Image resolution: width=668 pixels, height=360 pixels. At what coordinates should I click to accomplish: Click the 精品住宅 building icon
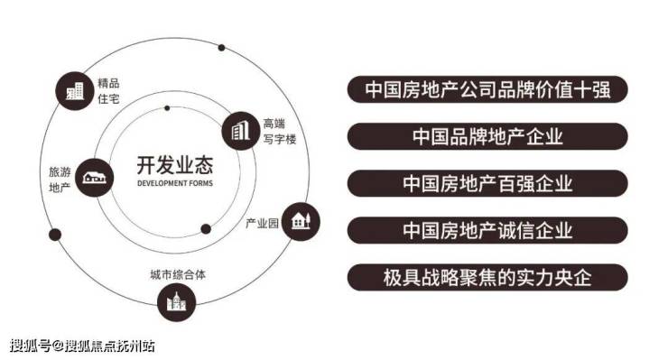75,91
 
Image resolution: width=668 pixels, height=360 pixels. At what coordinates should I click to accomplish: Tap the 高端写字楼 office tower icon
241,131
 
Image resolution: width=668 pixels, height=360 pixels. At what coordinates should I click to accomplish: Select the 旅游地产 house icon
94,177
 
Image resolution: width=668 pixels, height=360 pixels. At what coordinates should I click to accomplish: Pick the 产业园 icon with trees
301,221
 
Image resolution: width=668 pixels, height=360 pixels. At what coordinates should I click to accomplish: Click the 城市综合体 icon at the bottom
176,302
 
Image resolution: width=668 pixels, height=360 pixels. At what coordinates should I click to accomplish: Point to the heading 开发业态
174,165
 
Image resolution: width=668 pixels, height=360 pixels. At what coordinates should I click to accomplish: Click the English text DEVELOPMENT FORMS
175,184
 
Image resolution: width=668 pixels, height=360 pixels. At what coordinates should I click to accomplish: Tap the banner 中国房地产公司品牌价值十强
487,89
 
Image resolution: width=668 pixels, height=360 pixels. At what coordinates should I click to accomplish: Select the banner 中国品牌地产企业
487,136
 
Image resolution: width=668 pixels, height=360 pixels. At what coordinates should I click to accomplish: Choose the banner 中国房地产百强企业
487,183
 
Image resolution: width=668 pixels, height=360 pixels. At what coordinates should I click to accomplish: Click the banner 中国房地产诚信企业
487,230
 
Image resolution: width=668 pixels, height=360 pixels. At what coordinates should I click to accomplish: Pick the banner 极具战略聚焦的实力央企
487,277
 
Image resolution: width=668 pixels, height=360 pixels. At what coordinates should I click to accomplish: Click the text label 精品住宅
108,91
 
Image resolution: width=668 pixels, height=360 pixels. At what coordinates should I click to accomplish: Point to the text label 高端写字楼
280,132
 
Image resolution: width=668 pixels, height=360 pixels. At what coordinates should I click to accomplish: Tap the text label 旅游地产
60,180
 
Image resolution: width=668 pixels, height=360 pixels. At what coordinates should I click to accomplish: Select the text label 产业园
262,223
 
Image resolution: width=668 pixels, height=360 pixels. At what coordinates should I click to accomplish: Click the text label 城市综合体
178,275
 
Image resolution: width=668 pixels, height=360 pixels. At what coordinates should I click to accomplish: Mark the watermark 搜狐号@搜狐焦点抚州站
82,346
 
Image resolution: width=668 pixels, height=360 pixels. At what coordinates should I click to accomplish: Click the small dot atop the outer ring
221,48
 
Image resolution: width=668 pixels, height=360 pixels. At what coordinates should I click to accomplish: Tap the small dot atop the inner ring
167,108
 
